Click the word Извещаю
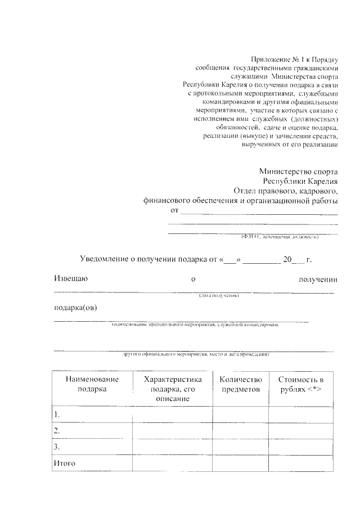tap(71, 278)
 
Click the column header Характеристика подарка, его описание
tap(173, 388)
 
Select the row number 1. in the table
tap(56, 414)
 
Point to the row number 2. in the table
tap(56, 430)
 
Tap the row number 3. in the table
tap(56, 447)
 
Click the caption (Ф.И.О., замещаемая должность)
tap(280, 237)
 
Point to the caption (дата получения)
tap(219, 295)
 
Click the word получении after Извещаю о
tap(318, 278)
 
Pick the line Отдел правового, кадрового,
tap(285, 191)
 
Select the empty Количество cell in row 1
tap(241, 414)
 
